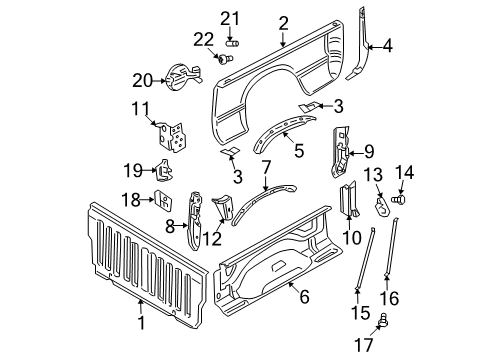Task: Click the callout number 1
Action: click(141, 323)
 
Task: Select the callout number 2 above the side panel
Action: click(284, 22)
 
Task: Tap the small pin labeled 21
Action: click(234, 43)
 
